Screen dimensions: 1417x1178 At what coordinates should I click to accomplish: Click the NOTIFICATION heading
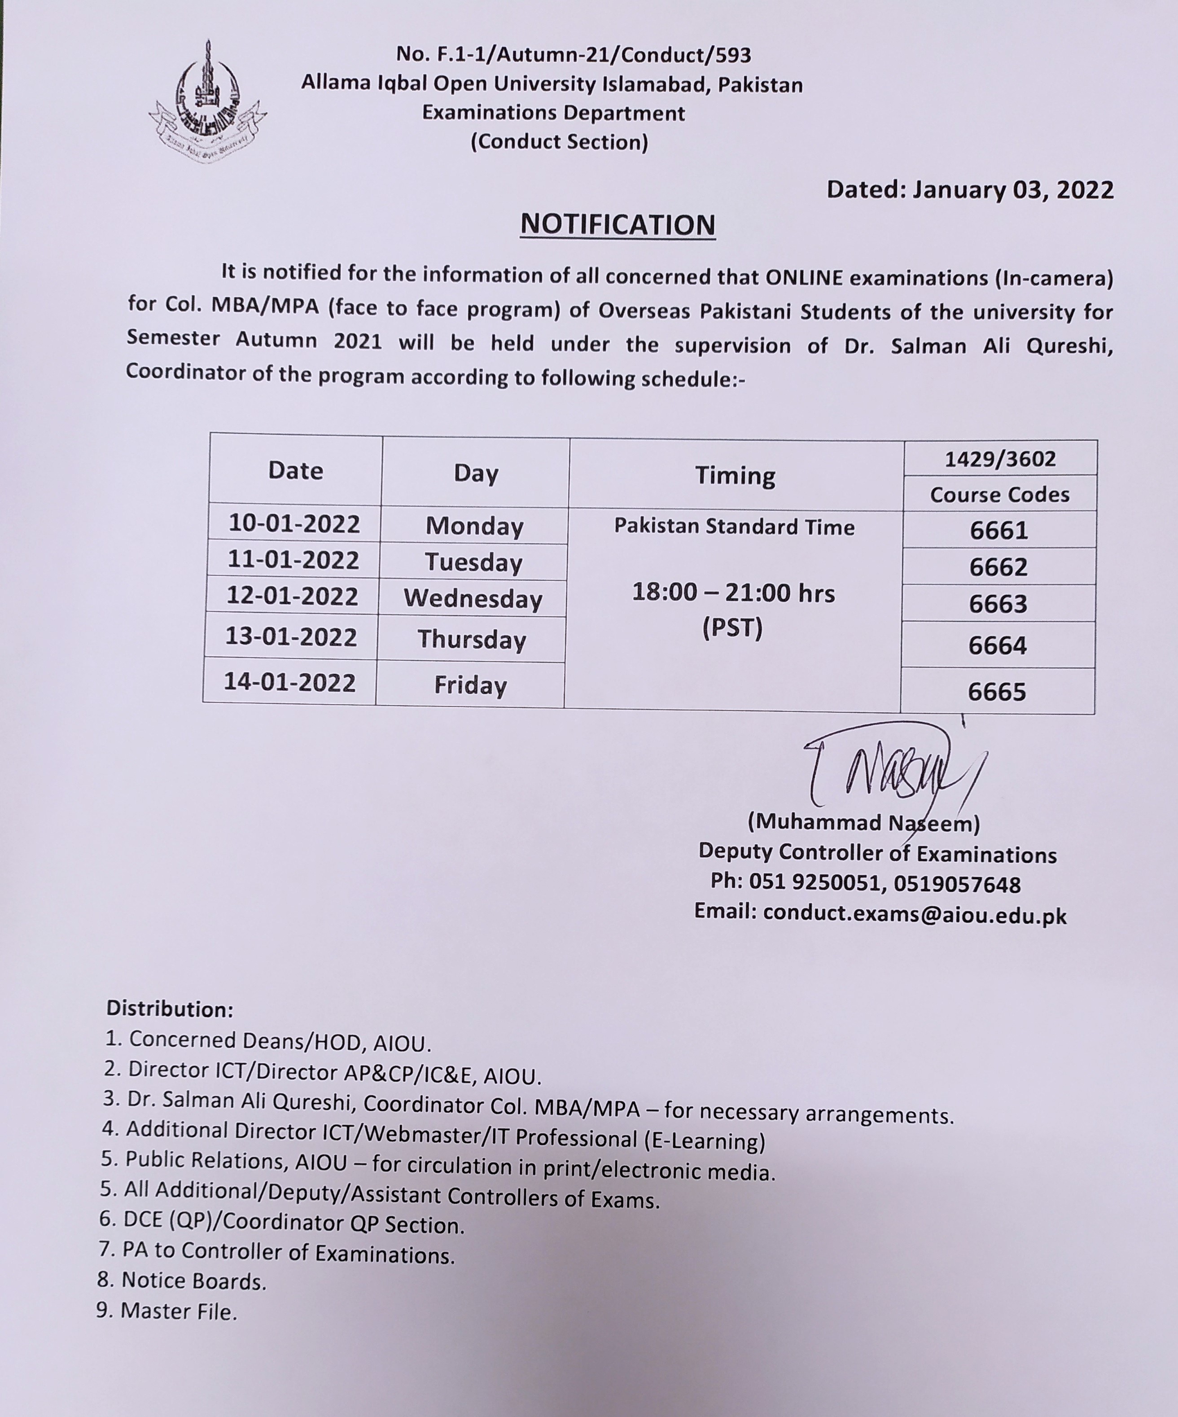(617, 225)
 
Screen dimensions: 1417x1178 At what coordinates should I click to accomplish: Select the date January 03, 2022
(1013, 190)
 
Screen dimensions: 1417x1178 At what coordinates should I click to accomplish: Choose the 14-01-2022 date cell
(289, 682)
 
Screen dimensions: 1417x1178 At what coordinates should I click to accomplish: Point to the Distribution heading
(170, 1009)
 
